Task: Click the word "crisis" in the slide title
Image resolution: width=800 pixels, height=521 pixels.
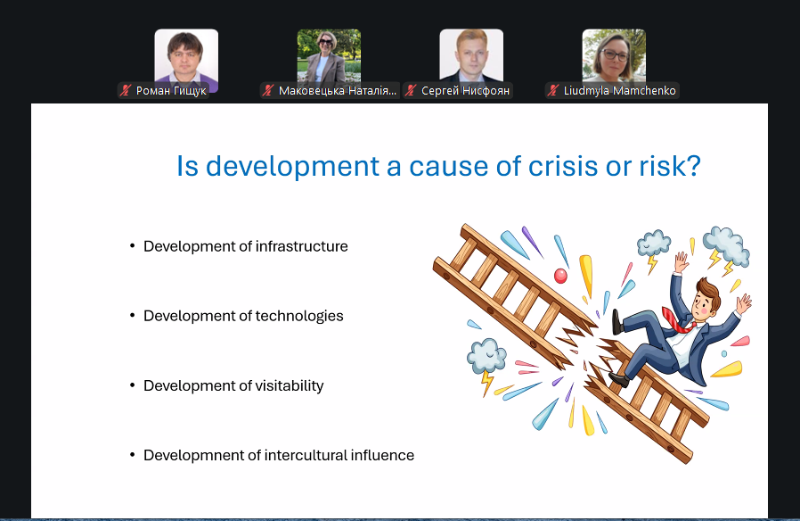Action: tap(563, 166)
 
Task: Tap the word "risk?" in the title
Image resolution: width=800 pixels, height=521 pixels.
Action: tap(670, 166)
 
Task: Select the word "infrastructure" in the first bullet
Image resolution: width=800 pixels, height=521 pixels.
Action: tap(301, 246)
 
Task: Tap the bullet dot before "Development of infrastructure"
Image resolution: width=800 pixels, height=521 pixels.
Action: tap(133, 246)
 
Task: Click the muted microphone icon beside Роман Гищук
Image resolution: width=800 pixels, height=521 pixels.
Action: tap(125, 90)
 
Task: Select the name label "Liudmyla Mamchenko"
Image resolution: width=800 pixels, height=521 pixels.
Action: tap(619, 90)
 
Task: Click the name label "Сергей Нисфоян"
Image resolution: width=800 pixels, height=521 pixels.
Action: tap(465, 90)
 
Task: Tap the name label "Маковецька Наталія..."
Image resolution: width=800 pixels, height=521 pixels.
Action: tap(338, 90)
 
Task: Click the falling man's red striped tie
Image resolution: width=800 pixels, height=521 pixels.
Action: tap(678, 319)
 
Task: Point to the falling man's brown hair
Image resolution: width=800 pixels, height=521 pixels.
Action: tap(706, 292)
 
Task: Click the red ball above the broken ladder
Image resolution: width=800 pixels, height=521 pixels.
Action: tap(560, 276)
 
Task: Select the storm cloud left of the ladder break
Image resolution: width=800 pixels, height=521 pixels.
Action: tap(486, 355)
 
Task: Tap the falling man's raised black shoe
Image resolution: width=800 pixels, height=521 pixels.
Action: tap(617, 322)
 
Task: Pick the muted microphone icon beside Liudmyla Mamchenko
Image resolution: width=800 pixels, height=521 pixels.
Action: tap(552, 90)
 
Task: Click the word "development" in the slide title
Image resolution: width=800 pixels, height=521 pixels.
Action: tap(293, 166)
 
